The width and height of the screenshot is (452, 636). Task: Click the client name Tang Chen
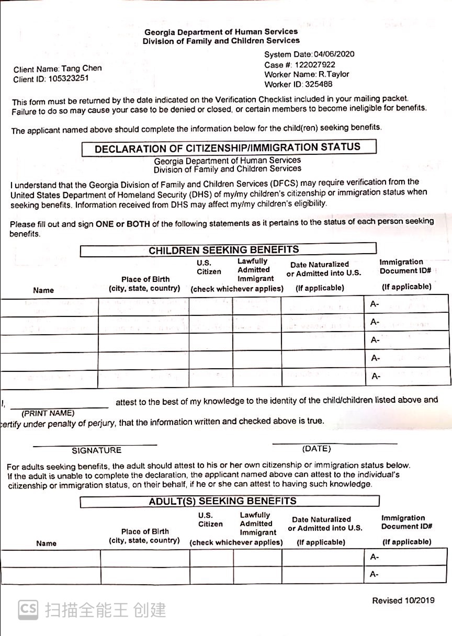point(82,69)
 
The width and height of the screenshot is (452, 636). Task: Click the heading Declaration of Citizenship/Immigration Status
point(228,148)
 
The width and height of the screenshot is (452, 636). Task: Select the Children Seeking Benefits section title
point(224,250)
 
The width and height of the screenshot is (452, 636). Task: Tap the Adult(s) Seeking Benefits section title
point(223,501)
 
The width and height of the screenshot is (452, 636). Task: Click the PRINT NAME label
point(48,413)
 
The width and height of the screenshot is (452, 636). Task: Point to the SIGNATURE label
point(96,450)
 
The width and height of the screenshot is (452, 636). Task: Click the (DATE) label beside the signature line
point(317,449)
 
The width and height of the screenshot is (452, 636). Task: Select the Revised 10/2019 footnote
point(403,600)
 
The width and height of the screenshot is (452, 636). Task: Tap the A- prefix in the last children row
point(375,377)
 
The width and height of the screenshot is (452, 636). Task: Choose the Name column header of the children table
point(43,290)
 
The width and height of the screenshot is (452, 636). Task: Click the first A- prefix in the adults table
point(375,557)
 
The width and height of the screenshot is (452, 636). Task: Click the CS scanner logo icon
point(28,609)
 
